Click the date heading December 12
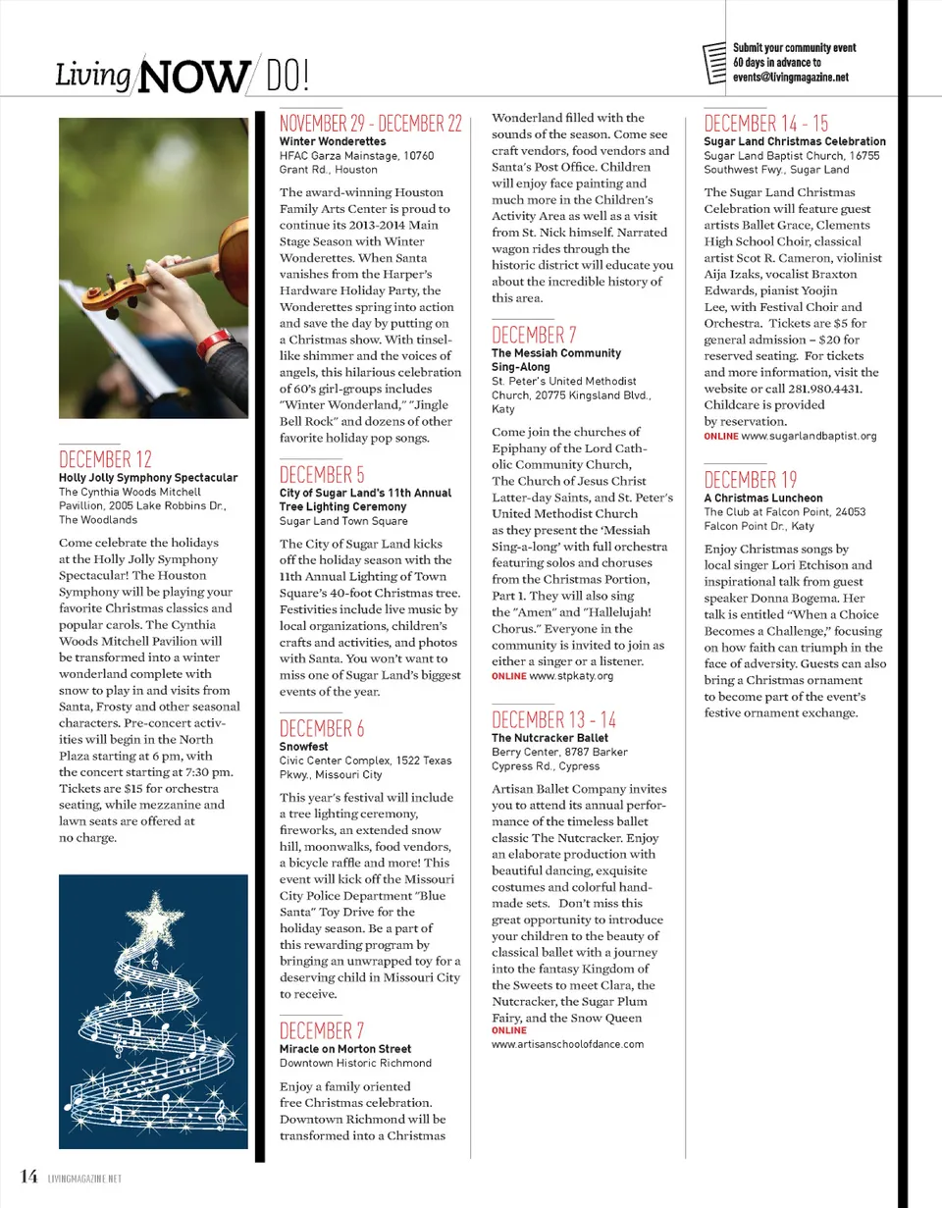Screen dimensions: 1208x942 [106, 459]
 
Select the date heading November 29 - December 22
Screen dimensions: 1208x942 [371, 124]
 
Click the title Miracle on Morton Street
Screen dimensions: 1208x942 [345, 1049]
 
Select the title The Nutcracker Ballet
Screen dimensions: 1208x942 [549, 738]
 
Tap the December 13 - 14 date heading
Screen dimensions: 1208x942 [554, 719]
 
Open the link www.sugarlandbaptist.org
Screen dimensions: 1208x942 [810, 436]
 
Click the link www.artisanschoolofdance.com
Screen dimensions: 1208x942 [568, 1044]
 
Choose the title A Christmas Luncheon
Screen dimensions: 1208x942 [763, 498]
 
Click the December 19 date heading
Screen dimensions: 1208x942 [751, 480]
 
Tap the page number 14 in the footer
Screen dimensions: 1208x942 [27, 1177]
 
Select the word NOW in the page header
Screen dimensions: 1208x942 [193, 76]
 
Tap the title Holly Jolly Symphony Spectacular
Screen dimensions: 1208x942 [148, 478]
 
